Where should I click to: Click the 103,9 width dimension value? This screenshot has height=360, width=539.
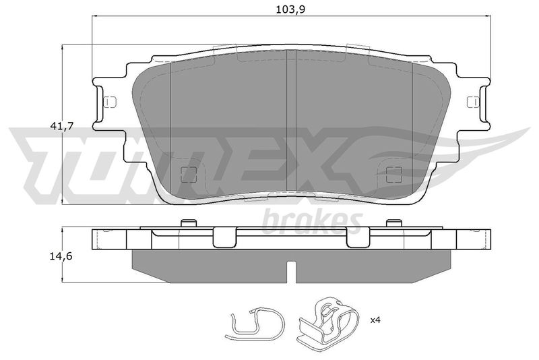click(290, 9)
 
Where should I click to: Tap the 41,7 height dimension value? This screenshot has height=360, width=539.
click(62, 126)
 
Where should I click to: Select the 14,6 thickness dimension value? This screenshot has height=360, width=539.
click(61, 256)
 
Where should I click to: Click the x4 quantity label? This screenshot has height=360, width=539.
click(375, 320)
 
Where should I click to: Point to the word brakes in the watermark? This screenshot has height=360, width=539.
click(312, 222)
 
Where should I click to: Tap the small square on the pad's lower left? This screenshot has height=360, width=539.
click(189, 175)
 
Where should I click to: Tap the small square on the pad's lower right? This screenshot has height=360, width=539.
click(394, 175)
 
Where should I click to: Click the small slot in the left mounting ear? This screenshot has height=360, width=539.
click(110, 102)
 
